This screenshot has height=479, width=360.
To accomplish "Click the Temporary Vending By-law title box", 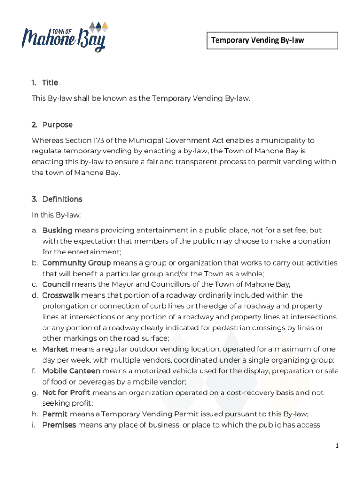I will pyautogui.click(x=272, y=40).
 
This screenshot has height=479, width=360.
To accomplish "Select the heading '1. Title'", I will pyautogui.click(x=45, y=83).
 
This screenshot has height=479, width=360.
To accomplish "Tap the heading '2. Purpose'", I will pyautogui.click(x=52, y=125).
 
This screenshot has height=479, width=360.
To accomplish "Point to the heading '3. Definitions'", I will pyautogui.click(x=57, y=199).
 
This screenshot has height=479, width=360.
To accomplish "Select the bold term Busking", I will pyautogui.click(x=57, y=230).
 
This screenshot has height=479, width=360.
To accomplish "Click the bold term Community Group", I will pyautogui.click(x=76, y=263).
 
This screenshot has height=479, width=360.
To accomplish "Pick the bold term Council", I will pyautogui.click(x=56, y=284).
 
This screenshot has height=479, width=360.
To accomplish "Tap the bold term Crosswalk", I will pyautogui.click(x=61, y=295).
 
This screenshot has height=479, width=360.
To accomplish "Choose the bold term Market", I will pyautogui.click(x=55, y=349).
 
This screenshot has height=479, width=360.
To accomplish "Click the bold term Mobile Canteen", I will pyautogui.click(x=71, y=371).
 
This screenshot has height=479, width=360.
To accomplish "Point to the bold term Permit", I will pyautogui.click(x=55, y=414).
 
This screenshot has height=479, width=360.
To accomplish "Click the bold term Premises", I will pyautogui.click(x=59, y=425).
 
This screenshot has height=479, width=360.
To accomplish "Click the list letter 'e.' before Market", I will pyautogui.click(x=35, y=349).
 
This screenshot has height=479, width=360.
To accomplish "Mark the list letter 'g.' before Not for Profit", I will pyautogui.click(x=35, y=393).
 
